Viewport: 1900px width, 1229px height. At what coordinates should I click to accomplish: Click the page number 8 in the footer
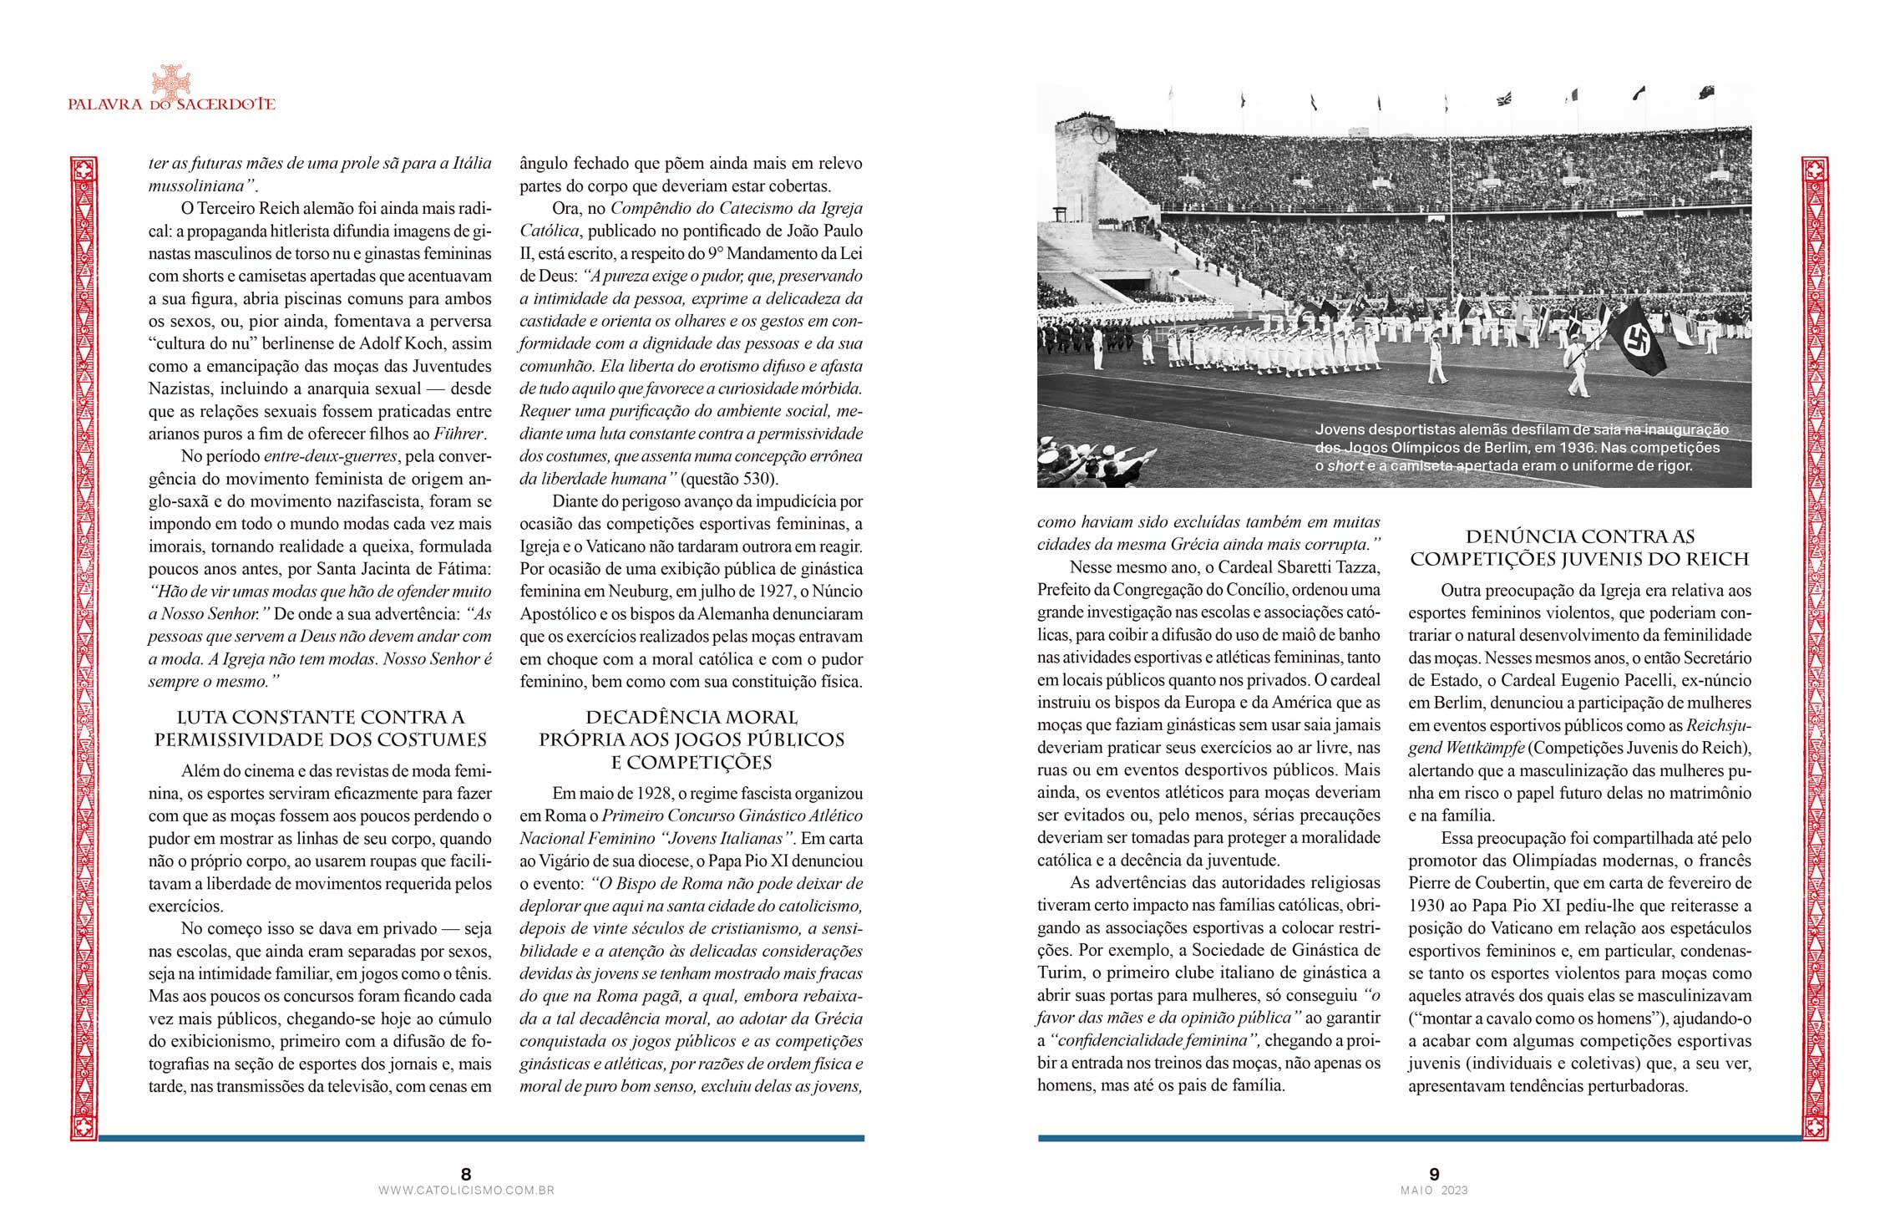tap(466, 1174)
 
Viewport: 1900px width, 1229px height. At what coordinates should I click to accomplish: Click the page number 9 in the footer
tap(1434, 1174)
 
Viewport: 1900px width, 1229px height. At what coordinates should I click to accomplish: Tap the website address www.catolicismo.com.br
tap(466, 1191)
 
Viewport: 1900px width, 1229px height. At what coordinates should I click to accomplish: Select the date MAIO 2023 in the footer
tap(1434, 1191)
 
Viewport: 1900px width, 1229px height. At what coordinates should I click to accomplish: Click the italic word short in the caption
tap(1345, 465)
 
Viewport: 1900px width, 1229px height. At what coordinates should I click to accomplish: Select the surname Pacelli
tap(1638, 680)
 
